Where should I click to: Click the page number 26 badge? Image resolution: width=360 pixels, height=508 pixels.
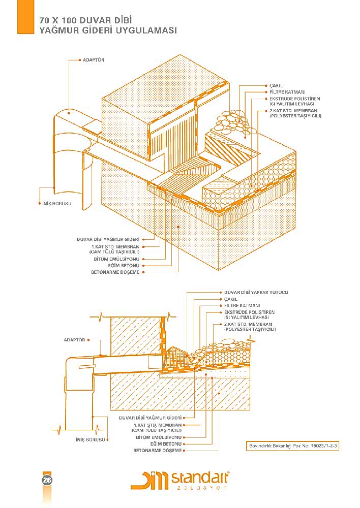tap(46, 480)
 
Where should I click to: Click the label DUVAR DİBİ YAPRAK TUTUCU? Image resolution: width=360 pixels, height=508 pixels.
tap(256, 293)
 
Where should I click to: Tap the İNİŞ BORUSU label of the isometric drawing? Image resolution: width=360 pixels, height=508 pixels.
tap(56, 203)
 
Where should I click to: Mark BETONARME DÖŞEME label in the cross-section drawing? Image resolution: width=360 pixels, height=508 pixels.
tap(157, 451)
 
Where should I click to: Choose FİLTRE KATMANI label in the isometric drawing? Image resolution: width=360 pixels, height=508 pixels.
tap(287, 92)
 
